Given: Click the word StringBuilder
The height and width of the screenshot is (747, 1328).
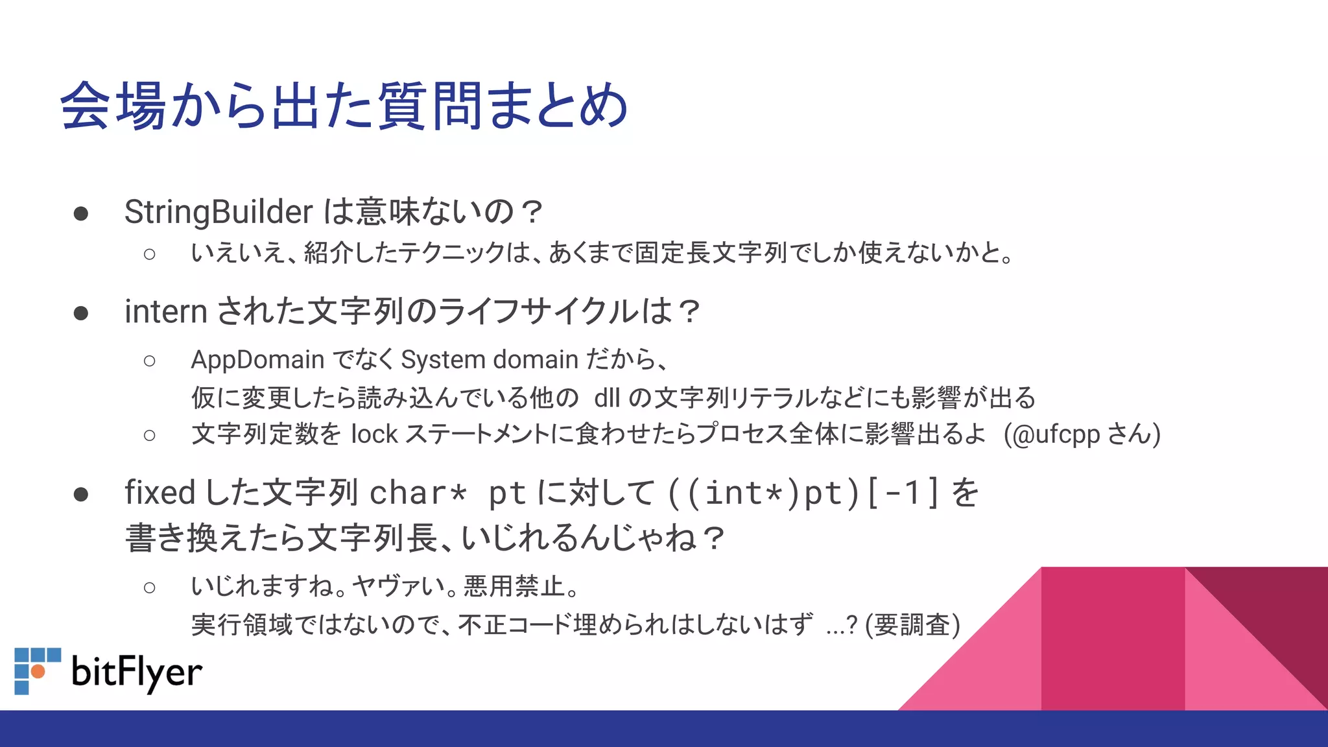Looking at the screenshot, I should click(x=219, y=212).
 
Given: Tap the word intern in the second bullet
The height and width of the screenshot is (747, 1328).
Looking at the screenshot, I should click(x=165, y=311).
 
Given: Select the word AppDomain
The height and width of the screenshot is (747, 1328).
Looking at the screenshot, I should click(x=257, y=359).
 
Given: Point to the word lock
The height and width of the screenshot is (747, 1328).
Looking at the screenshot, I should click(x=374, y=434).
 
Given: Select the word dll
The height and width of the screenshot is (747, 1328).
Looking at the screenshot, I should click(x=607, y=397).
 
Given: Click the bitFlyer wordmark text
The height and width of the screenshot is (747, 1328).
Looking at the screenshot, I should click(x=137, y=672).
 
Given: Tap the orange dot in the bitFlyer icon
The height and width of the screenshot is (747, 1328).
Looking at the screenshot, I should click(x=38, y=671).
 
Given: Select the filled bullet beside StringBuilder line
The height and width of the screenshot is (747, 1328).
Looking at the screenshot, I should click(x=81, y=214).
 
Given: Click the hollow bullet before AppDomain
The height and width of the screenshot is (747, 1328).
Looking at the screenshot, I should click(x=150, y=361).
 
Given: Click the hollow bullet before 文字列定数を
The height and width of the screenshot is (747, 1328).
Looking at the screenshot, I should click(x=150, y=435).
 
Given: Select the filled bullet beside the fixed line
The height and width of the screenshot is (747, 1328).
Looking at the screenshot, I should click(x=81, y=495).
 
